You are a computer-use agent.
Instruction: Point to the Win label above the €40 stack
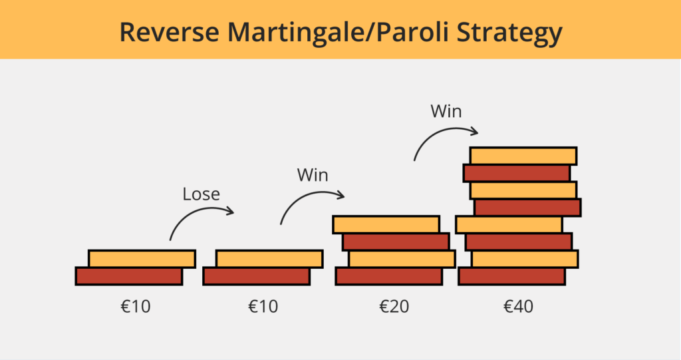point(446,110)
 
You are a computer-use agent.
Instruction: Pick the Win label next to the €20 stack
point(313,176)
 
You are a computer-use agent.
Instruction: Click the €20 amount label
point(393,307)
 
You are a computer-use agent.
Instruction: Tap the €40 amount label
point(518,307)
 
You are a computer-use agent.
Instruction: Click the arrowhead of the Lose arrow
point(231,211)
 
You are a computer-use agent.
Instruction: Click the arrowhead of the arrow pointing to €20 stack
point(341,195)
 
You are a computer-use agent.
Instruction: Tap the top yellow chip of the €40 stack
point(523,156)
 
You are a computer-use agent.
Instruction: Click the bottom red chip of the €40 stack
point(511,275)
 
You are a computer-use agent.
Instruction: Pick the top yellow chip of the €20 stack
point(386,224)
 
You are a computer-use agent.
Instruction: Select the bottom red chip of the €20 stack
point(388,275)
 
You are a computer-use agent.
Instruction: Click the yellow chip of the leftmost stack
point(142,258)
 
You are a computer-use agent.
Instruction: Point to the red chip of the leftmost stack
point(128,275)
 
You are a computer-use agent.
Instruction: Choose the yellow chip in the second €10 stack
point(269,258)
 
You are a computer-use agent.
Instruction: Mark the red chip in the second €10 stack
point(256,275)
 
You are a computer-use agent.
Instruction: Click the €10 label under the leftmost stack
point(134,307)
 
